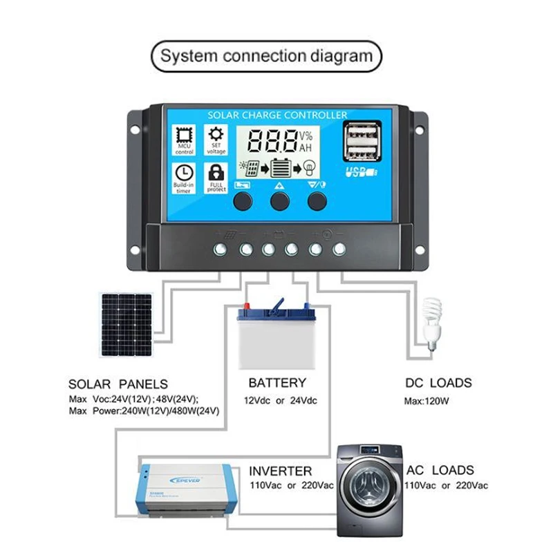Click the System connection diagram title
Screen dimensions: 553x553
pos(266,56)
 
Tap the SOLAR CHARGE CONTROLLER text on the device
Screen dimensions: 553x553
pos(277,115)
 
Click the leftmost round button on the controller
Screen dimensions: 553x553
pos(243,201)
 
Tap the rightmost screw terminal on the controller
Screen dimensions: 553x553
pos(339,250)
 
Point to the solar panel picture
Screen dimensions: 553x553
pos(126,324)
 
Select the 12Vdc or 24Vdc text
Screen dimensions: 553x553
pos(280,401)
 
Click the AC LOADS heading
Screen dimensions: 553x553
pos(440,470)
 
